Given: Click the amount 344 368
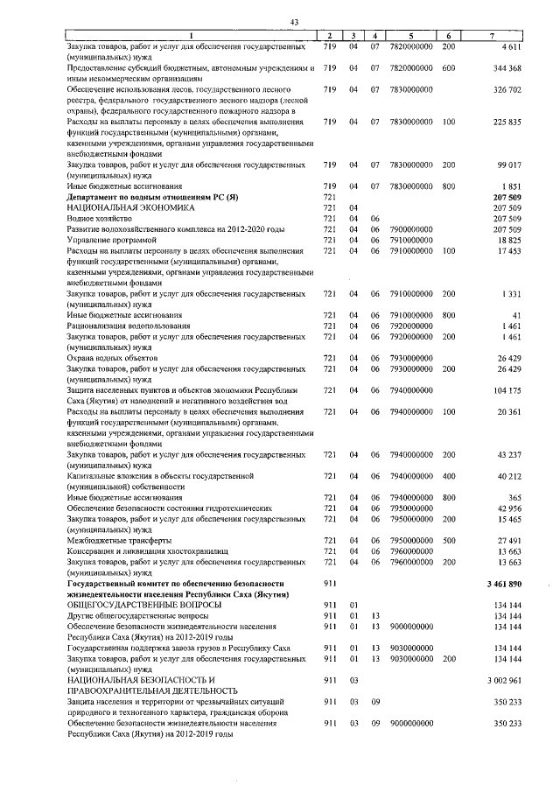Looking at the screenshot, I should click(x=507, y=67).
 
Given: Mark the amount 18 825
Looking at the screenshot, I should click(x=510, y=239).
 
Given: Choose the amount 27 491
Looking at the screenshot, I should click(x=510, y=540).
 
